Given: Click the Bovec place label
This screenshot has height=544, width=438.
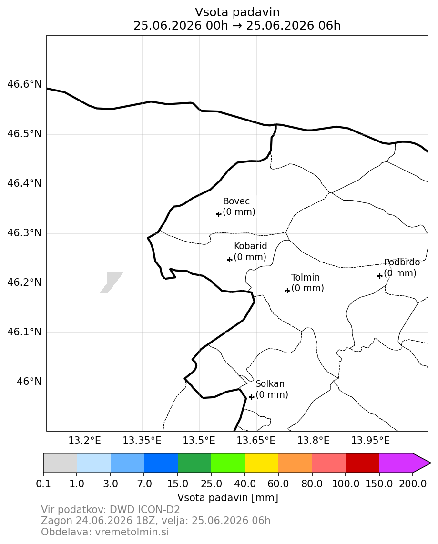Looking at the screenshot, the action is [x=236, y=201].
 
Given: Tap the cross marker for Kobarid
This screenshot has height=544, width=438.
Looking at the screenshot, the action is [x=229, y=259].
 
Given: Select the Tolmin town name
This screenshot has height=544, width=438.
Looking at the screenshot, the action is [x=306, y=278].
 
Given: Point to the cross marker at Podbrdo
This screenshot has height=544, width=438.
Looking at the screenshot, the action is [x=380, y=275].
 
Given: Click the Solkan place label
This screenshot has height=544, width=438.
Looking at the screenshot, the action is [x=270, y=384].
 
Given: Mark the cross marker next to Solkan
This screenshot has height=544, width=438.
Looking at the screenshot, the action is [x=252, y=397].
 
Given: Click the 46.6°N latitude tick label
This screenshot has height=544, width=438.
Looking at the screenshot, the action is [x=24, y=84].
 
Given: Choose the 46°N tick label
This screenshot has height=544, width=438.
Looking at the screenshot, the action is [x=29, y=382].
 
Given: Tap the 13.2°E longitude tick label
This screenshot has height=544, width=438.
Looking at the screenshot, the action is [x=85, y=441].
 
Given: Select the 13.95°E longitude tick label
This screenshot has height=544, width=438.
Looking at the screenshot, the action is [x=371, y=441].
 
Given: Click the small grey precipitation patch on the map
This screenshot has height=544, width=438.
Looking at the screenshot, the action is [x=112, y=282].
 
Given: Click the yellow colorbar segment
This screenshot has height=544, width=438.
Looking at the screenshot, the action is [x=262, y=463].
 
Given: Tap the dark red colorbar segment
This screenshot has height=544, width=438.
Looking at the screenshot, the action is [x=362, y=463].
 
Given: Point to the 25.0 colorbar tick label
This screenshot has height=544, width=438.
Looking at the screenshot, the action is [x=211, y=484].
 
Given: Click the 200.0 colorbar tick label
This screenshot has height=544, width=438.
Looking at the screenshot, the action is [x=413, y=484].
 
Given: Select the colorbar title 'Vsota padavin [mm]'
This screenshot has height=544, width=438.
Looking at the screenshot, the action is [x=228, y=498].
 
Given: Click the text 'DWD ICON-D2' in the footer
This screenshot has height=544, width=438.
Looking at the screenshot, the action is [x=145, y=510].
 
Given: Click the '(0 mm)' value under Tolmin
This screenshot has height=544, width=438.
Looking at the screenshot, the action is [x=307, y=288].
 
